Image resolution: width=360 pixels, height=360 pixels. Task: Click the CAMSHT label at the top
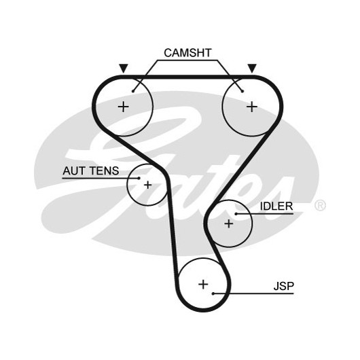[x=187, y=53]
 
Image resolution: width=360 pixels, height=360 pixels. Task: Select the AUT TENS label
[x=91, y=170]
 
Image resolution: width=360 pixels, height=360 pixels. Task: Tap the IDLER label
[x=276, y=206]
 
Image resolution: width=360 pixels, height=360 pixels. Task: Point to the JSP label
[x=283, y=286]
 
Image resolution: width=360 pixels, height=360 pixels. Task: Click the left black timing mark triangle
[x=124, y=69]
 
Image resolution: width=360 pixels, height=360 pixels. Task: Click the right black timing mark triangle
[x=252, y=69]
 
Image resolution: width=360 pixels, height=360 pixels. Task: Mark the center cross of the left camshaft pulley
[x=124, y=107]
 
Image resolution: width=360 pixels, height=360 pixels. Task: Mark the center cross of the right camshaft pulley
[x=252, y=107]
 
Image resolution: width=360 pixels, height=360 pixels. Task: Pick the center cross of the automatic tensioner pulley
[x=147, y=185]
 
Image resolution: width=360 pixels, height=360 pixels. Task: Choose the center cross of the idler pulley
[x=229, y=223]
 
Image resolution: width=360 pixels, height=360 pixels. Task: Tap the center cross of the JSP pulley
[x=203, y=285]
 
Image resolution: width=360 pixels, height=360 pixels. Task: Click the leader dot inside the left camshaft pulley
[x=133, y=92]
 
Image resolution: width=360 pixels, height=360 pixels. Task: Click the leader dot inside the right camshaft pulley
[x=242, y=92]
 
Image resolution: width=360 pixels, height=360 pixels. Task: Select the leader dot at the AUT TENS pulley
[x=139, y=178]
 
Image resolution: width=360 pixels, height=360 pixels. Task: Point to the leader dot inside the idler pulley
[x=236, y=214]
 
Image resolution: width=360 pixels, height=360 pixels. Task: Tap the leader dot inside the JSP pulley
[x=213, y=293]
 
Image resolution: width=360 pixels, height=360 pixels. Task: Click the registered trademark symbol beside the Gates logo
[x=320, y=205]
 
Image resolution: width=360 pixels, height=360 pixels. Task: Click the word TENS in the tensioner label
[x=104, y=170]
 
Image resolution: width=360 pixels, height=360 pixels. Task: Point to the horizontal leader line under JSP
[x=253, y=293]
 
